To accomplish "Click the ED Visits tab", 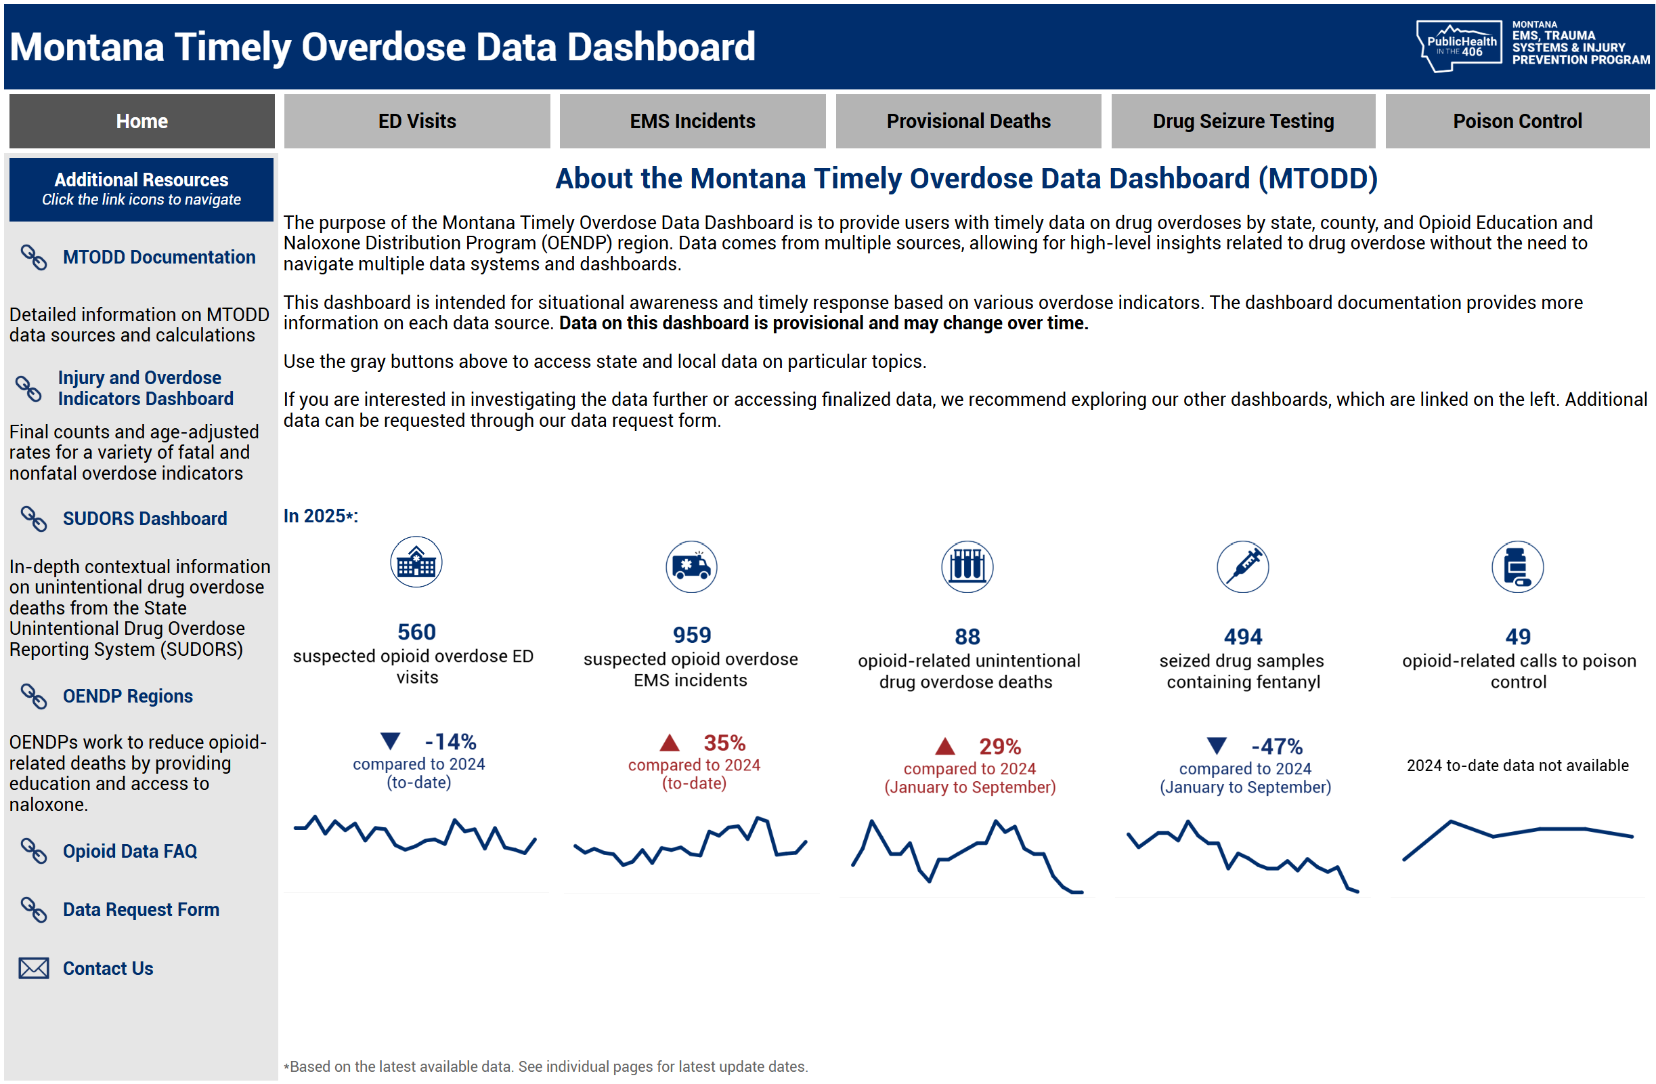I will (417, 121).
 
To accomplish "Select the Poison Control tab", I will (1517, 121).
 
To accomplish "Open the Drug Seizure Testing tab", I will (1243, 121).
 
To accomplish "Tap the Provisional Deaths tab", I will (968, 121).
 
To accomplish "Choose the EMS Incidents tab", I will (693, 121).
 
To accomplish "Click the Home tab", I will (142, 121).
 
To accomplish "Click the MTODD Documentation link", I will (158, 257).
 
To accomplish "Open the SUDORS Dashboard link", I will (145, 519).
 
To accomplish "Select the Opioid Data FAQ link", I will (129, 851).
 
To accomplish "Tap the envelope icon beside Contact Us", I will (33, 968).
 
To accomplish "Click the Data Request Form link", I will (141, 909).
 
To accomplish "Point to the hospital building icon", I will (416, 562).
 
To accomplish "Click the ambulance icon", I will (691, 566).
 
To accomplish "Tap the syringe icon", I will (1243, 566).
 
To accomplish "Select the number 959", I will (692, 635).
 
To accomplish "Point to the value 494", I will (1243, 636).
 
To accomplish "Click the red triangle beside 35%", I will (670, 743).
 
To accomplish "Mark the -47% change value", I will (1277, 747).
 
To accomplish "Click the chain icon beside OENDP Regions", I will (33, 696).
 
